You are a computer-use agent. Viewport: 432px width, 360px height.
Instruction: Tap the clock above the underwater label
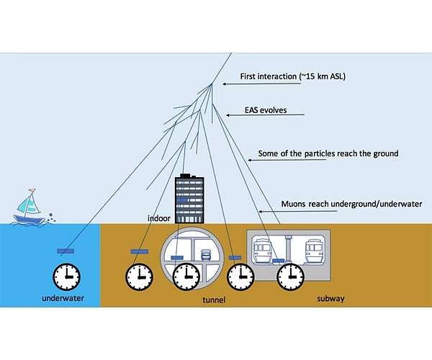click(67, 276)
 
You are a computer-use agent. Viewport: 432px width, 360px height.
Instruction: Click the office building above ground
click(189, 198)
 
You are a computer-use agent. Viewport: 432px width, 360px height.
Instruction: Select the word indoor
click(159, 218)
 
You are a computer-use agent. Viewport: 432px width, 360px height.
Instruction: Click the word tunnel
click(214, 300)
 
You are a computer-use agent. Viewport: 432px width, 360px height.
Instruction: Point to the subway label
click(330, 299)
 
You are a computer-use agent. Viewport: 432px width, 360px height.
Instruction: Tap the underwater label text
click(63, 298)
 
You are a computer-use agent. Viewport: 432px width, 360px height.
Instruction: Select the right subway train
click(315, 251)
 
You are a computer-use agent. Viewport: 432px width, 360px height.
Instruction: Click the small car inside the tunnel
click(206, 254)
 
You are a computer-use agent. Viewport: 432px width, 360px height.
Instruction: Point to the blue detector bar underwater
click(66, 251)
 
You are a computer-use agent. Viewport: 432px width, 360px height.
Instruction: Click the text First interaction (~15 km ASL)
click(292, 76)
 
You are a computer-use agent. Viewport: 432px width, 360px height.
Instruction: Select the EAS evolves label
click(266, 110)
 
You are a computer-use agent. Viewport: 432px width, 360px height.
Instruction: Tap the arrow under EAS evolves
click(265, 115)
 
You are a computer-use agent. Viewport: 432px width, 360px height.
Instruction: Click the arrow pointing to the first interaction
click(262, 84)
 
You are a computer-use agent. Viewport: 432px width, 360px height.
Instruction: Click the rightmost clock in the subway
click(290, 276)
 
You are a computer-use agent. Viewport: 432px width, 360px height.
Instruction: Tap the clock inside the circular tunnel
click(186, 276)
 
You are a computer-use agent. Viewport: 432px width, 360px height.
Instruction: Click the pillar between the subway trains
click(289, 248)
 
